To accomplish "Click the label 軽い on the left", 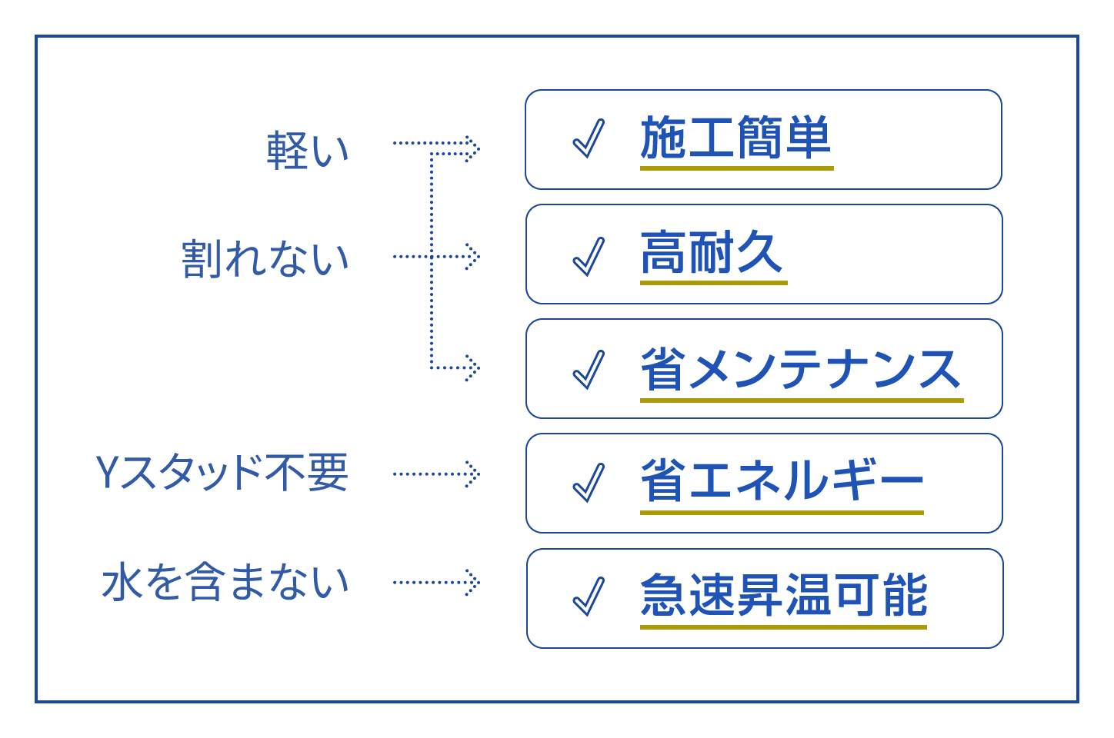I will tap(308, 150).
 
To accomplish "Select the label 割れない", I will tap(265, 258).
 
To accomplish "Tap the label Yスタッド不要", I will tap(222, 472).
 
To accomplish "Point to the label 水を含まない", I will tap(225, 582).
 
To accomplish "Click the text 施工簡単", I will tap(735, 138).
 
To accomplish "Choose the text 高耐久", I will tap(712, 253).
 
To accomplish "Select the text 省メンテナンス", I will tap(800, 369).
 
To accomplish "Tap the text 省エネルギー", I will tap(781, 481).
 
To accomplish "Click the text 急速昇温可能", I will tap(783, 595).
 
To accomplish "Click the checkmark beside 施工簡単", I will tap(589, 139).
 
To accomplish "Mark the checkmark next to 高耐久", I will tap(589, 255).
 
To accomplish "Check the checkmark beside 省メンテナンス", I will tap(589, 370).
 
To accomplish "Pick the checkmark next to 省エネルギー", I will tap(589, 484).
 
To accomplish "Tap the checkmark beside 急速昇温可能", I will tap(589, 597).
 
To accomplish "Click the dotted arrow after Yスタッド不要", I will tap(436, 474).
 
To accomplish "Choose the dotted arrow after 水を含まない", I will tap(436, 582).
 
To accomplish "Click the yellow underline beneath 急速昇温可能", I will tap(783, 627).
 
